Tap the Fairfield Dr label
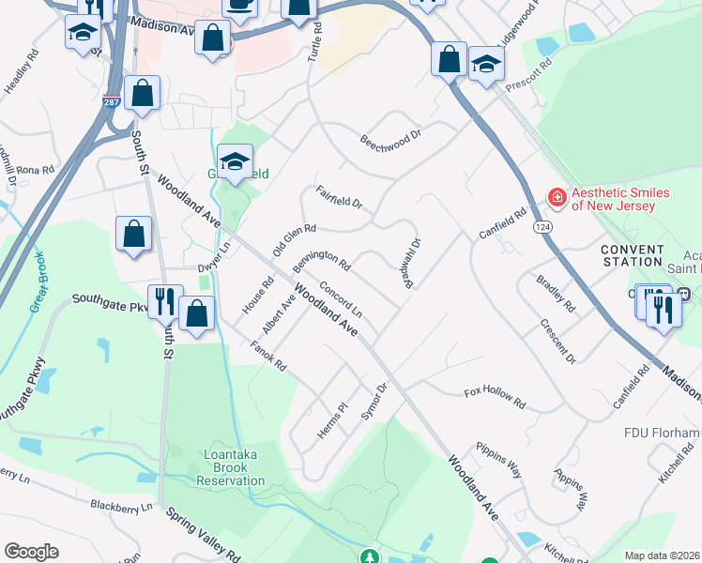coord(339,197)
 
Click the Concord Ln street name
coord(341,297)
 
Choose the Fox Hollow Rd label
coord(495,395)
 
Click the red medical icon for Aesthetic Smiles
coord(557,197)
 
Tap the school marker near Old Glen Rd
coord(235,161)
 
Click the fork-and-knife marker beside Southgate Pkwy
coord(164,301)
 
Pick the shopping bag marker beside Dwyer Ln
coord(133,234)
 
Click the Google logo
coord(31,552)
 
